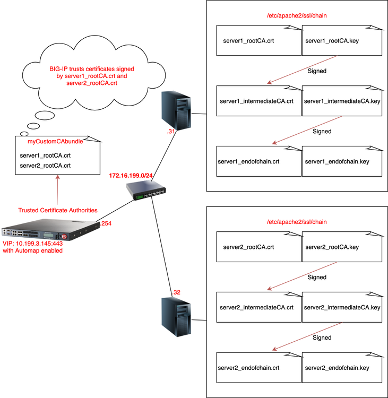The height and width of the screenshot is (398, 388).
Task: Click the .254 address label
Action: click(105, 224)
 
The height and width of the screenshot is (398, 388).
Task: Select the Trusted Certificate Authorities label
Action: click(57, 210)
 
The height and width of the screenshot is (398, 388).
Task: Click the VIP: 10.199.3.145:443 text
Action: click(33, 243)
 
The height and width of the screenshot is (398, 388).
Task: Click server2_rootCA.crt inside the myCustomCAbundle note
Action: click(45, 165)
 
